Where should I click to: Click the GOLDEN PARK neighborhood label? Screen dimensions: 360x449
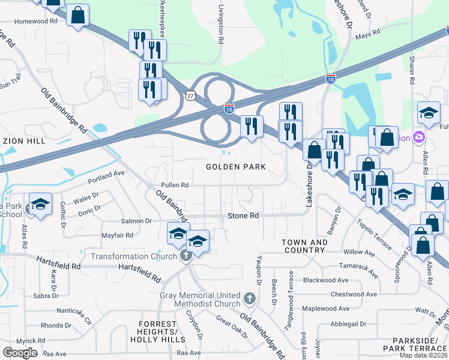pyautogui.click(x=236, y=166)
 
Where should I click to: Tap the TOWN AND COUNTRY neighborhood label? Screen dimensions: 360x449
pyautogui.click(x=305, y=247)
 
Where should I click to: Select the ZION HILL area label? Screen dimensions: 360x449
pyautogui.click(x=22, y=141)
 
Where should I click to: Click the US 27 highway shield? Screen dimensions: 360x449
pyautogui.click(x=190, y=95)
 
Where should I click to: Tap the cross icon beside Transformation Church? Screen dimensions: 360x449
pyautogui.click(x=186, y=256)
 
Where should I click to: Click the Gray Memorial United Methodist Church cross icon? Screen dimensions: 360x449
pyautogui.click(x=250, y=298)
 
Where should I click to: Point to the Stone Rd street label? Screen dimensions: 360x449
pyautogui.click(x=243, y=215)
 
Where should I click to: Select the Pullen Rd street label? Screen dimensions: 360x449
pyautogui.click(x=175, y=185)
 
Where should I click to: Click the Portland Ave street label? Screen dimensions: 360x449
pyautogui.click(x=105, y=175)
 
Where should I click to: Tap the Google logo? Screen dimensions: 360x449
pyautogui.click(x=20, y=353)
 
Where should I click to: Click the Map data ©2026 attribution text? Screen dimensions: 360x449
pyautogui.click(x=424, y=355)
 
